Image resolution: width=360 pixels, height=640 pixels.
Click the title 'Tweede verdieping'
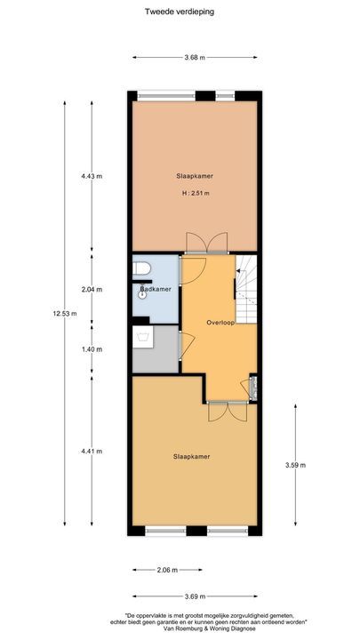pyautogui.click(x=179, y=12)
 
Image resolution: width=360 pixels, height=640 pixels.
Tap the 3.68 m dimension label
pyautogui.click(x=195, y=58)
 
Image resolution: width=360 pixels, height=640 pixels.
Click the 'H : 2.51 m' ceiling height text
pyautogui.click(x=195, y=193)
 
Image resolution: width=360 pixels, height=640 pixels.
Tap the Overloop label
pyautogui.click(x=220, y=322)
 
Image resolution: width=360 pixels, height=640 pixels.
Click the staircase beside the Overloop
pyautogui.click(x=245, y=289)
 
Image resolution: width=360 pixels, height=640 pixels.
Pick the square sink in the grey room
pyautogui.click(x=142, y=336)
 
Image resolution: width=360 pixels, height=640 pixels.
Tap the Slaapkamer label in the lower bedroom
pyautogui.click(x=192, y=456)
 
